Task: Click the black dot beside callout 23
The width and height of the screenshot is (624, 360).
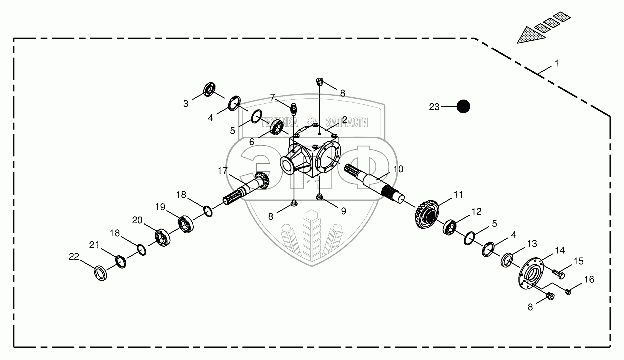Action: (464, 106)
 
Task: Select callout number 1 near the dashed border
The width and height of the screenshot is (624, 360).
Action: (557, 64)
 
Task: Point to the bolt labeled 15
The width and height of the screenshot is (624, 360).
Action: (559, 273)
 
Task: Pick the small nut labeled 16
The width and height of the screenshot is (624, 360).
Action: (568, 290)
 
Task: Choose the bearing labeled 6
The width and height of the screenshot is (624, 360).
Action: (277, 128)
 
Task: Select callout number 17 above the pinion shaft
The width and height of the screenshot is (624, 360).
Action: (222, 171)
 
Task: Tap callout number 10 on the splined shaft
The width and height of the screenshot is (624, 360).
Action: (398, 169)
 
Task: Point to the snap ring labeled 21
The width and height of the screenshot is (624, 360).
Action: (120, 260)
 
